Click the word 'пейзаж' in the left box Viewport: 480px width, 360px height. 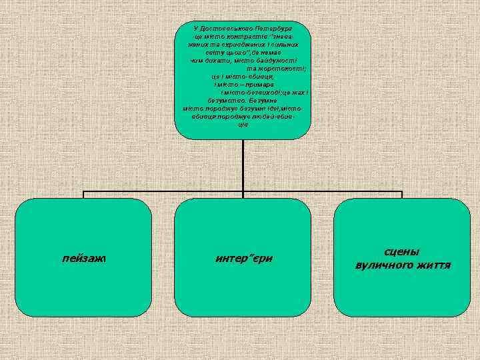tap(83, 257)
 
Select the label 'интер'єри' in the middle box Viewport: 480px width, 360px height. tap(243, 257)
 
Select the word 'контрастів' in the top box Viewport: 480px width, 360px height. tap(249, 37)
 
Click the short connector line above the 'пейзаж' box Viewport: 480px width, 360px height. tap(83, 195)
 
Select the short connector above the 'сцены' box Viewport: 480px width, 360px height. tap(402, 195)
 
